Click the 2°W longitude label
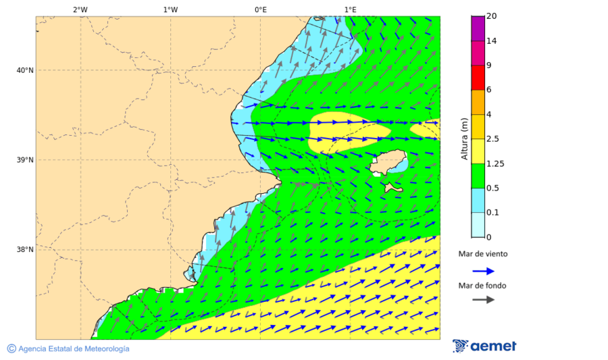click(x=80, y=10)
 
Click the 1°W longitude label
click(x=170, y=10)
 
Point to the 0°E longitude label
click(x=260, y=10)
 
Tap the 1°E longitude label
click(x=350, y=10)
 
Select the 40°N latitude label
click(x=24, y=70)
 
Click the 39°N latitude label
click(x=24, y=160)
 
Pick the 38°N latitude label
click(x=24, y=250)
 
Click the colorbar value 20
click(x=492, y=16)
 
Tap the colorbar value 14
click(x=492, y=41)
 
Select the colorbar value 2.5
click(x=494, y=139)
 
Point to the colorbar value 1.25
click(x=495, y=163)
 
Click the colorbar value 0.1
click(x=493, y=213)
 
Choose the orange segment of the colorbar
click(x=478, y=102)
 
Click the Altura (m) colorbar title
click(x=464, y=138)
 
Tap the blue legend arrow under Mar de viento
click(x=483, y=271)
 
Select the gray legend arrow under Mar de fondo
click(x=483, y=300)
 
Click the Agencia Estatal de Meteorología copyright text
click(x=73, y=349)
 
